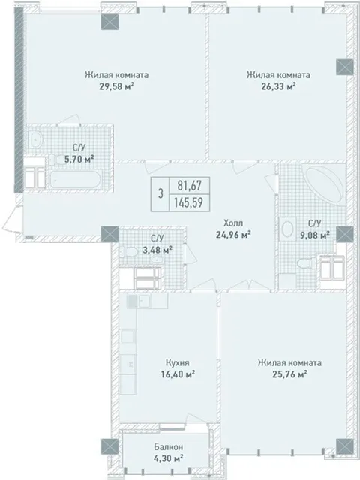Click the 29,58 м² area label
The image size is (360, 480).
117,86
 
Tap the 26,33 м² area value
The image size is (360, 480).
278,86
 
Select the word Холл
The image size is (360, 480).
233,222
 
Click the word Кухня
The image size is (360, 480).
177,362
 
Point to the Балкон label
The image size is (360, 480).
169,447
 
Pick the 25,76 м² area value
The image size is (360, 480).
290,374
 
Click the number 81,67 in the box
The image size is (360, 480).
190,185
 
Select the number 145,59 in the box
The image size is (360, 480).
188,202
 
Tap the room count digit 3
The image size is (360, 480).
160,193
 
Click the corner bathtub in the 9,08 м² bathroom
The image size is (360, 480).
323,183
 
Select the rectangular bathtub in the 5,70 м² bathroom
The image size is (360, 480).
75,180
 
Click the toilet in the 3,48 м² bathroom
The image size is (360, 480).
128,252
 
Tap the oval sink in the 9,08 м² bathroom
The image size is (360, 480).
287,229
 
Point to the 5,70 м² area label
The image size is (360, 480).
79,159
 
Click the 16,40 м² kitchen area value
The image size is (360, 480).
178,374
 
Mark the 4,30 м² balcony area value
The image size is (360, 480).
169,458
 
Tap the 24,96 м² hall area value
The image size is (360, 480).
233,235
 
